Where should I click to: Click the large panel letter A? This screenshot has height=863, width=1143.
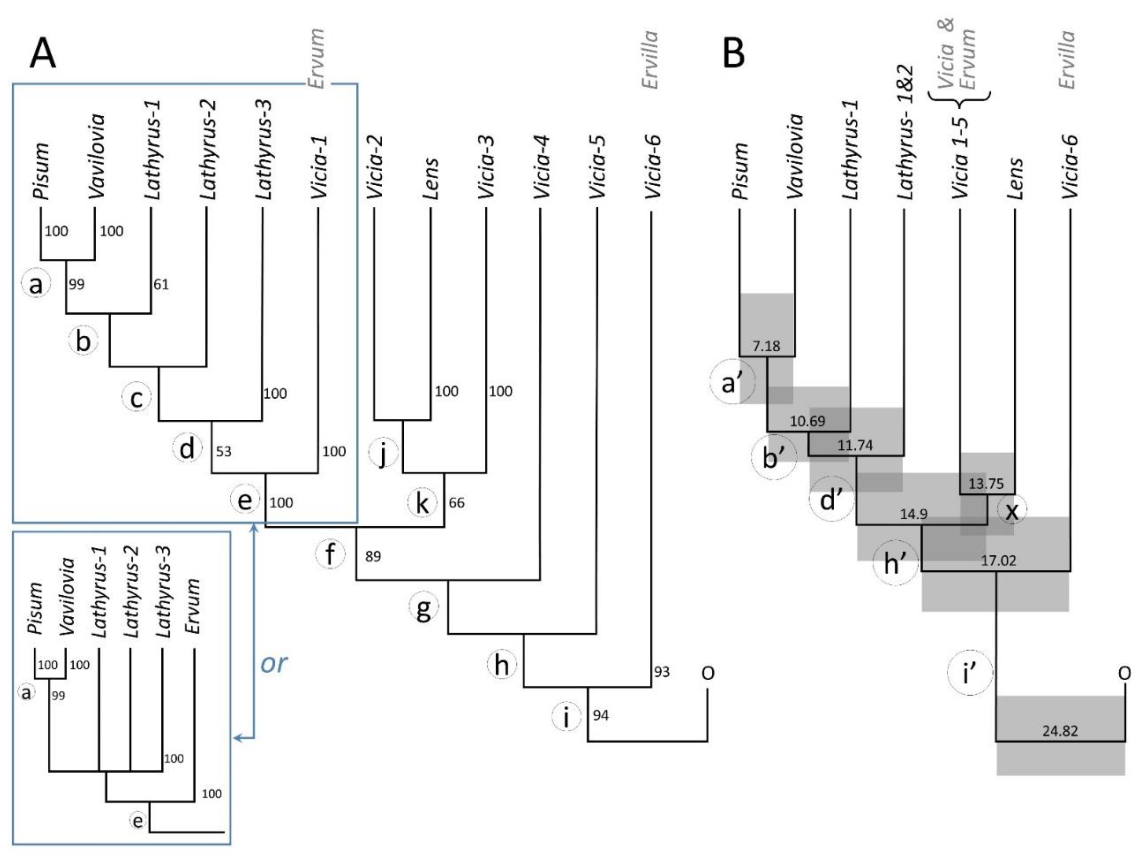42,54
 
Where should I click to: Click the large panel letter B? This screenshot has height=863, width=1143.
734,54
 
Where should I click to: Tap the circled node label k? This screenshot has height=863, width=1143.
422,503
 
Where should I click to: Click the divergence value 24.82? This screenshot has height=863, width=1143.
1060,731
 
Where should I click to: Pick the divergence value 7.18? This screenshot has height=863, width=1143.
766,346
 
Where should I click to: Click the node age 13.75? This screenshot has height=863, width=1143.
986,484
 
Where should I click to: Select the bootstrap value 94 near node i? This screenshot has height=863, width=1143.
600,716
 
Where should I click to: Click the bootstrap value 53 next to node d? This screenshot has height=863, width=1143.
223,452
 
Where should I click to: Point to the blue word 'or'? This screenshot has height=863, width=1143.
273,663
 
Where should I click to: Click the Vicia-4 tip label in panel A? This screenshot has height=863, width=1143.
540,167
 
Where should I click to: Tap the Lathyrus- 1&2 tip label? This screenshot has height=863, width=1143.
905,133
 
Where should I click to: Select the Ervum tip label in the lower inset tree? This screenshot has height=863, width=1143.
193,606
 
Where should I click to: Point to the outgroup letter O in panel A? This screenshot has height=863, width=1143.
708,672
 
